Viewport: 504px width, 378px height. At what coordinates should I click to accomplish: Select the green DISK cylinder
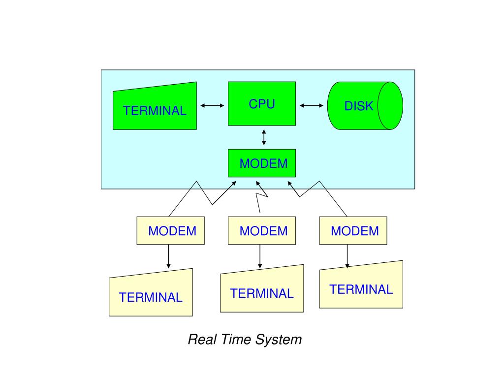pyautogui.click(x=365, y=105)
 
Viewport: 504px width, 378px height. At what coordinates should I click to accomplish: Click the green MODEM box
pyautogui.click(x=262, y=163)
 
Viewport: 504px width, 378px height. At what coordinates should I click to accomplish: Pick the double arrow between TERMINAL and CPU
pyautogui.click(x=212, y=105)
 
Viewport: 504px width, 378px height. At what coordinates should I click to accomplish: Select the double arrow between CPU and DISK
pyautogui.click(x=312, y=105)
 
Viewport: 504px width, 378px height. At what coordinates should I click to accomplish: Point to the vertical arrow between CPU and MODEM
pyautogui.click(x=264, y=137)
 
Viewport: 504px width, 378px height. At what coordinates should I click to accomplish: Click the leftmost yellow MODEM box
pyautogui.click(x=170, y=230)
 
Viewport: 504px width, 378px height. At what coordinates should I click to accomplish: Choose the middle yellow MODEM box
pyautogui.click(x=262, y=230)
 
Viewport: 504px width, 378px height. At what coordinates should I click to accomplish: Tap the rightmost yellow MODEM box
pyautogui.click(x=353, y=230)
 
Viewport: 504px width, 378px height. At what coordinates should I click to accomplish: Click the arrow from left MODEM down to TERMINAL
pyautogui.click(x=169, y=256)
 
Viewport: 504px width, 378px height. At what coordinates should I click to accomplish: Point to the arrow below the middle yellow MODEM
pyautogui.click(x=260, y=256)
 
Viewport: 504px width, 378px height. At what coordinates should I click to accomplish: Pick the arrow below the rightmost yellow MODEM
pyautogui.click(x=347, y=256)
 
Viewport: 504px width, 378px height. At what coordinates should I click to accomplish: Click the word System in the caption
pyautogui.click(x=281, y=340)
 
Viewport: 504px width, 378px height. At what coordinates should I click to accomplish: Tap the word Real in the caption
pyautogui.click(x=200, y=340)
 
